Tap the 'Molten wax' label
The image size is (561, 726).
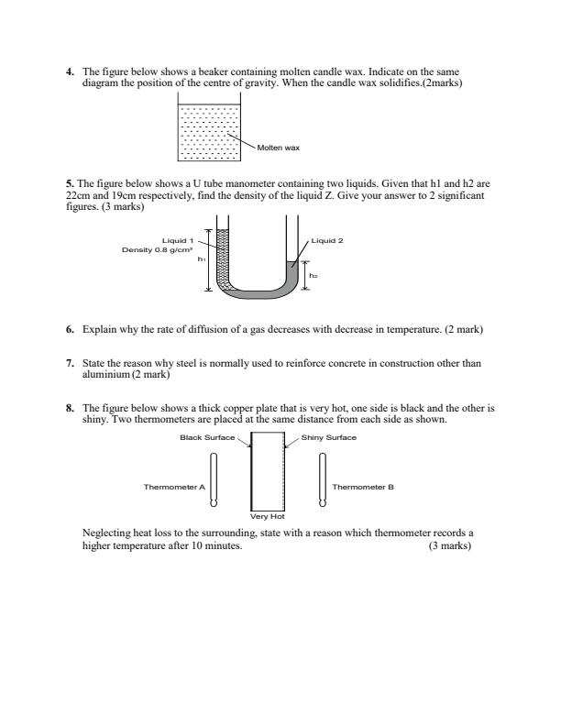[279, 147]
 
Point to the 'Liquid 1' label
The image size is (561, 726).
[178, 242]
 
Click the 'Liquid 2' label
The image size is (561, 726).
[327, 242]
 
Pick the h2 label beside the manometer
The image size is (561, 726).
[313, 275]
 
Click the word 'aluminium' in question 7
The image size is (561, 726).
[106, 373]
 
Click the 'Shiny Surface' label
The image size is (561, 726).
[330, 437]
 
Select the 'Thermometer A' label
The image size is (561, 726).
[174, 487]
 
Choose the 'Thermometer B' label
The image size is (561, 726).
[363, 487]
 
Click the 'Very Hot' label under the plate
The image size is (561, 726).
[269, 517]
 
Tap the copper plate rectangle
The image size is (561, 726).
[269, 477]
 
